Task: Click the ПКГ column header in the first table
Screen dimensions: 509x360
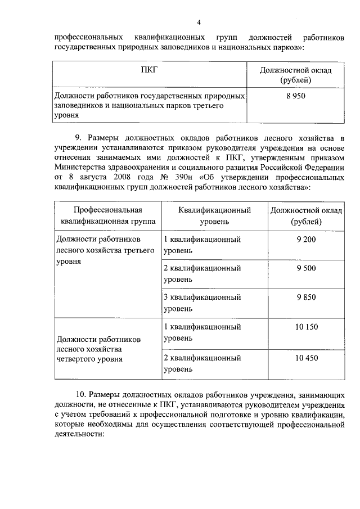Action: [x=150, y=71]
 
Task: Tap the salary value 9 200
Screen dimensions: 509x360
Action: [x=306, y=240]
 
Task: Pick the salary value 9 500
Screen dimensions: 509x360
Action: [x=306, y=269]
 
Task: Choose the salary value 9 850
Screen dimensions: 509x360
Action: [x=306, y=298]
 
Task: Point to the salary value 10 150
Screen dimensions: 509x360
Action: [x=306, y=327]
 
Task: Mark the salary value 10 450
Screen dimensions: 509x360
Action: [x=306, y=358]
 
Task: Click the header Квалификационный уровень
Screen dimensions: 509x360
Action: [x=214, y=215]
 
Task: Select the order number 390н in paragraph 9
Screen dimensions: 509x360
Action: [x=184, y=177]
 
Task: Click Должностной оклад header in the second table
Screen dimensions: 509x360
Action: [x=306, y=215]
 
